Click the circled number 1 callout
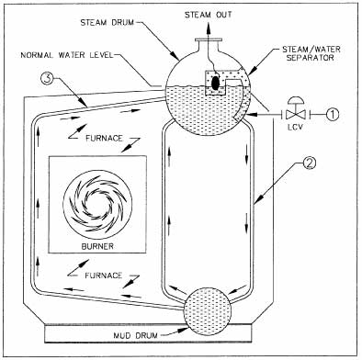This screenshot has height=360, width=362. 333,114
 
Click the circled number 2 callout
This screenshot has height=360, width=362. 310,163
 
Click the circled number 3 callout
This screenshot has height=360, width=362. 48,79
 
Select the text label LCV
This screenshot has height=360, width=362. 295,127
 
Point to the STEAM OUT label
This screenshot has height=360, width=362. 209,15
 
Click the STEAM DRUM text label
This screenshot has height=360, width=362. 107,23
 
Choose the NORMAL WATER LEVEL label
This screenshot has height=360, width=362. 67,55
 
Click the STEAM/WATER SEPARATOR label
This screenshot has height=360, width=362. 311,53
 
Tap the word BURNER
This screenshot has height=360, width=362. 97,246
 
